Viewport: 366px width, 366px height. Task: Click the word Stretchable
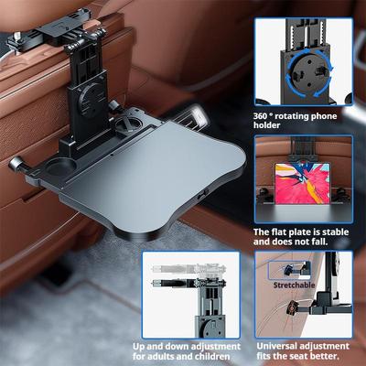click(294, 285)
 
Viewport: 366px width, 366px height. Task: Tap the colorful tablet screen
click(302, 183)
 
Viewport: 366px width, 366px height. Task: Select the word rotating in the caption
click(293, 116)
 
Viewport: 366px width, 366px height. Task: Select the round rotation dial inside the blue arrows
click(309, 73)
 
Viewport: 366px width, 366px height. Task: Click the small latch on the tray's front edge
click(203, 194)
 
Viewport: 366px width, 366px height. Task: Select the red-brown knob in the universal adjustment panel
click(293, 308)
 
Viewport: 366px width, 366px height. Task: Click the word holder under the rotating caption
click(266, 125)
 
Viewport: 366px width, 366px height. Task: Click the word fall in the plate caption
click(319, 242)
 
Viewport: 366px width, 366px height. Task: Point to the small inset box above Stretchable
click(289, 270)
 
